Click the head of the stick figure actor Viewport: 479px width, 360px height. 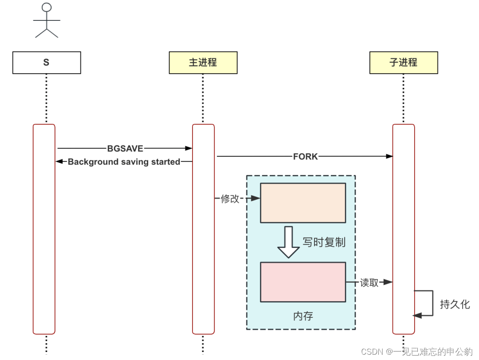[47, 8]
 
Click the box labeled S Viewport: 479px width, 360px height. [47, 63]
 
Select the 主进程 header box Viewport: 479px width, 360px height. [203, 63]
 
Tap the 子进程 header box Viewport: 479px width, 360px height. [404, 63]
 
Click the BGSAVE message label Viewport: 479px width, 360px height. [126, 148]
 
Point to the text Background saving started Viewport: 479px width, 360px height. [124, 162]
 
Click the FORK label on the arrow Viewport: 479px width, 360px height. [305, 156]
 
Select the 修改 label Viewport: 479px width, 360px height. [230, 199]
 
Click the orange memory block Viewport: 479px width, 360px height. [302, 202]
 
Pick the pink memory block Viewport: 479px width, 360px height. [302, 282]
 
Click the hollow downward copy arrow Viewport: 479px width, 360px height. [288, 242]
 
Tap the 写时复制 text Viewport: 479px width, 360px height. [324, 242]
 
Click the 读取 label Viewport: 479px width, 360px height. [369, 282]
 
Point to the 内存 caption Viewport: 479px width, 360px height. [303, 316]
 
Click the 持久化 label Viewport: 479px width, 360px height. [455, 305]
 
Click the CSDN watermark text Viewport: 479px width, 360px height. [416, 352]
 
